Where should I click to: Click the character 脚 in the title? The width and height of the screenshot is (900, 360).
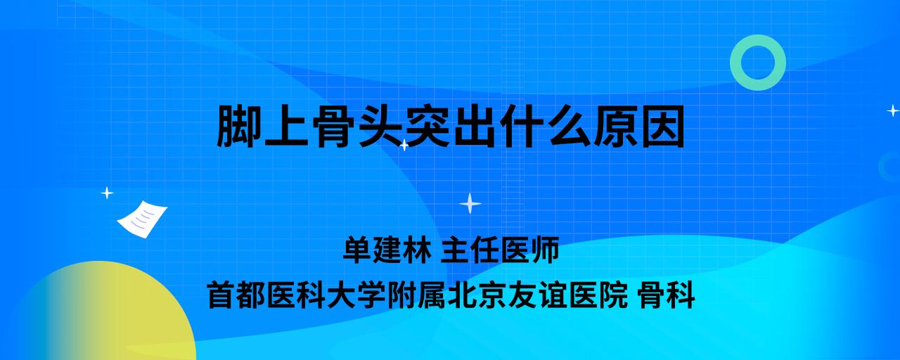(x=240, y=126)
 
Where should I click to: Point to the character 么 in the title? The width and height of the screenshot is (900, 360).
(x=570, y=126)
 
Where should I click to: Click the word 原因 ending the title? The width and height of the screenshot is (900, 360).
(x=640, y=126)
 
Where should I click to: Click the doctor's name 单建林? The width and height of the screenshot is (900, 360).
(x=387, y=250)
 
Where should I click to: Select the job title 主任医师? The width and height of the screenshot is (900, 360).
(x=500, y=250)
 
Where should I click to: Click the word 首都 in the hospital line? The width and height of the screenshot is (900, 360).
(x=237, y=295)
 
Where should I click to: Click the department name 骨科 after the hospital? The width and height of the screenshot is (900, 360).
(x=667, y=295)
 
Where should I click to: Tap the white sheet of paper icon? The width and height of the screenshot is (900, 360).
(x=142, y=219)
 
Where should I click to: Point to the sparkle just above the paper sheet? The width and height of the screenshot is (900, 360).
(x=107, y=193)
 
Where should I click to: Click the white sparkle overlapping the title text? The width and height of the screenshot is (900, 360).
(x=404, y=145)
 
